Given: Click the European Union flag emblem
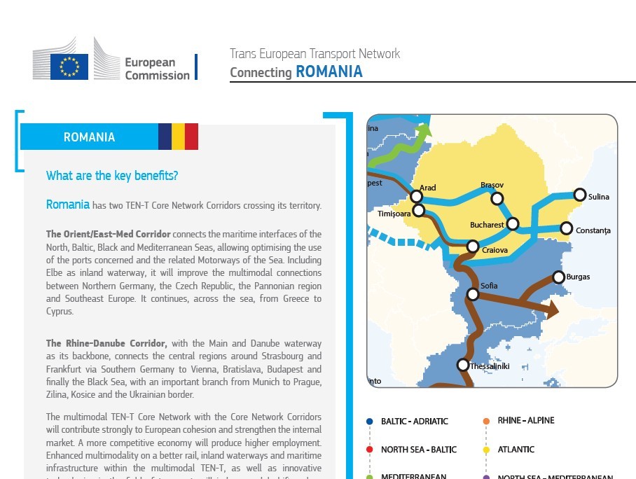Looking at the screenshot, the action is click(69, 67).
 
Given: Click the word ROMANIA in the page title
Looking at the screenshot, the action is click(329, 71).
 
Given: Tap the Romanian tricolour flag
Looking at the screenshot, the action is click(178, 137).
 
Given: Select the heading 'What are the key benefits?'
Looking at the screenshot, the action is click(112, 176).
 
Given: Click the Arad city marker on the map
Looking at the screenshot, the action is click(417, 197).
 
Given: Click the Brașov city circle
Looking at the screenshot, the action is click(497, 199).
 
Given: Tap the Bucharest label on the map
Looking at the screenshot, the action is click(487, 225).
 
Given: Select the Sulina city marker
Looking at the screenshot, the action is click(579, 194).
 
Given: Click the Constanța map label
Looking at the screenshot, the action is click(593, 230).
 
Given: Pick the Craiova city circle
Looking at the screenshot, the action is click(473, 247).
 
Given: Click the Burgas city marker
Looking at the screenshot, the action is click(558, 277).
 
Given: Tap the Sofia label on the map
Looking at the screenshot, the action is click(489, 286).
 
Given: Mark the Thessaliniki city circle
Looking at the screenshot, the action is click(462, 365).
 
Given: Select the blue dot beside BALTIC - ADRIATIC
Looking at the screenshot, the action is click(369, 422).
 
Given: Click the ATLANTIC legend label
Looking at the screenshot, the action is click(516, 450).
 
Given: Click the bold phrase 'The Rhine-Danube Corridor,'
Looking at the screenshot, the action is click(106, 343).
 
